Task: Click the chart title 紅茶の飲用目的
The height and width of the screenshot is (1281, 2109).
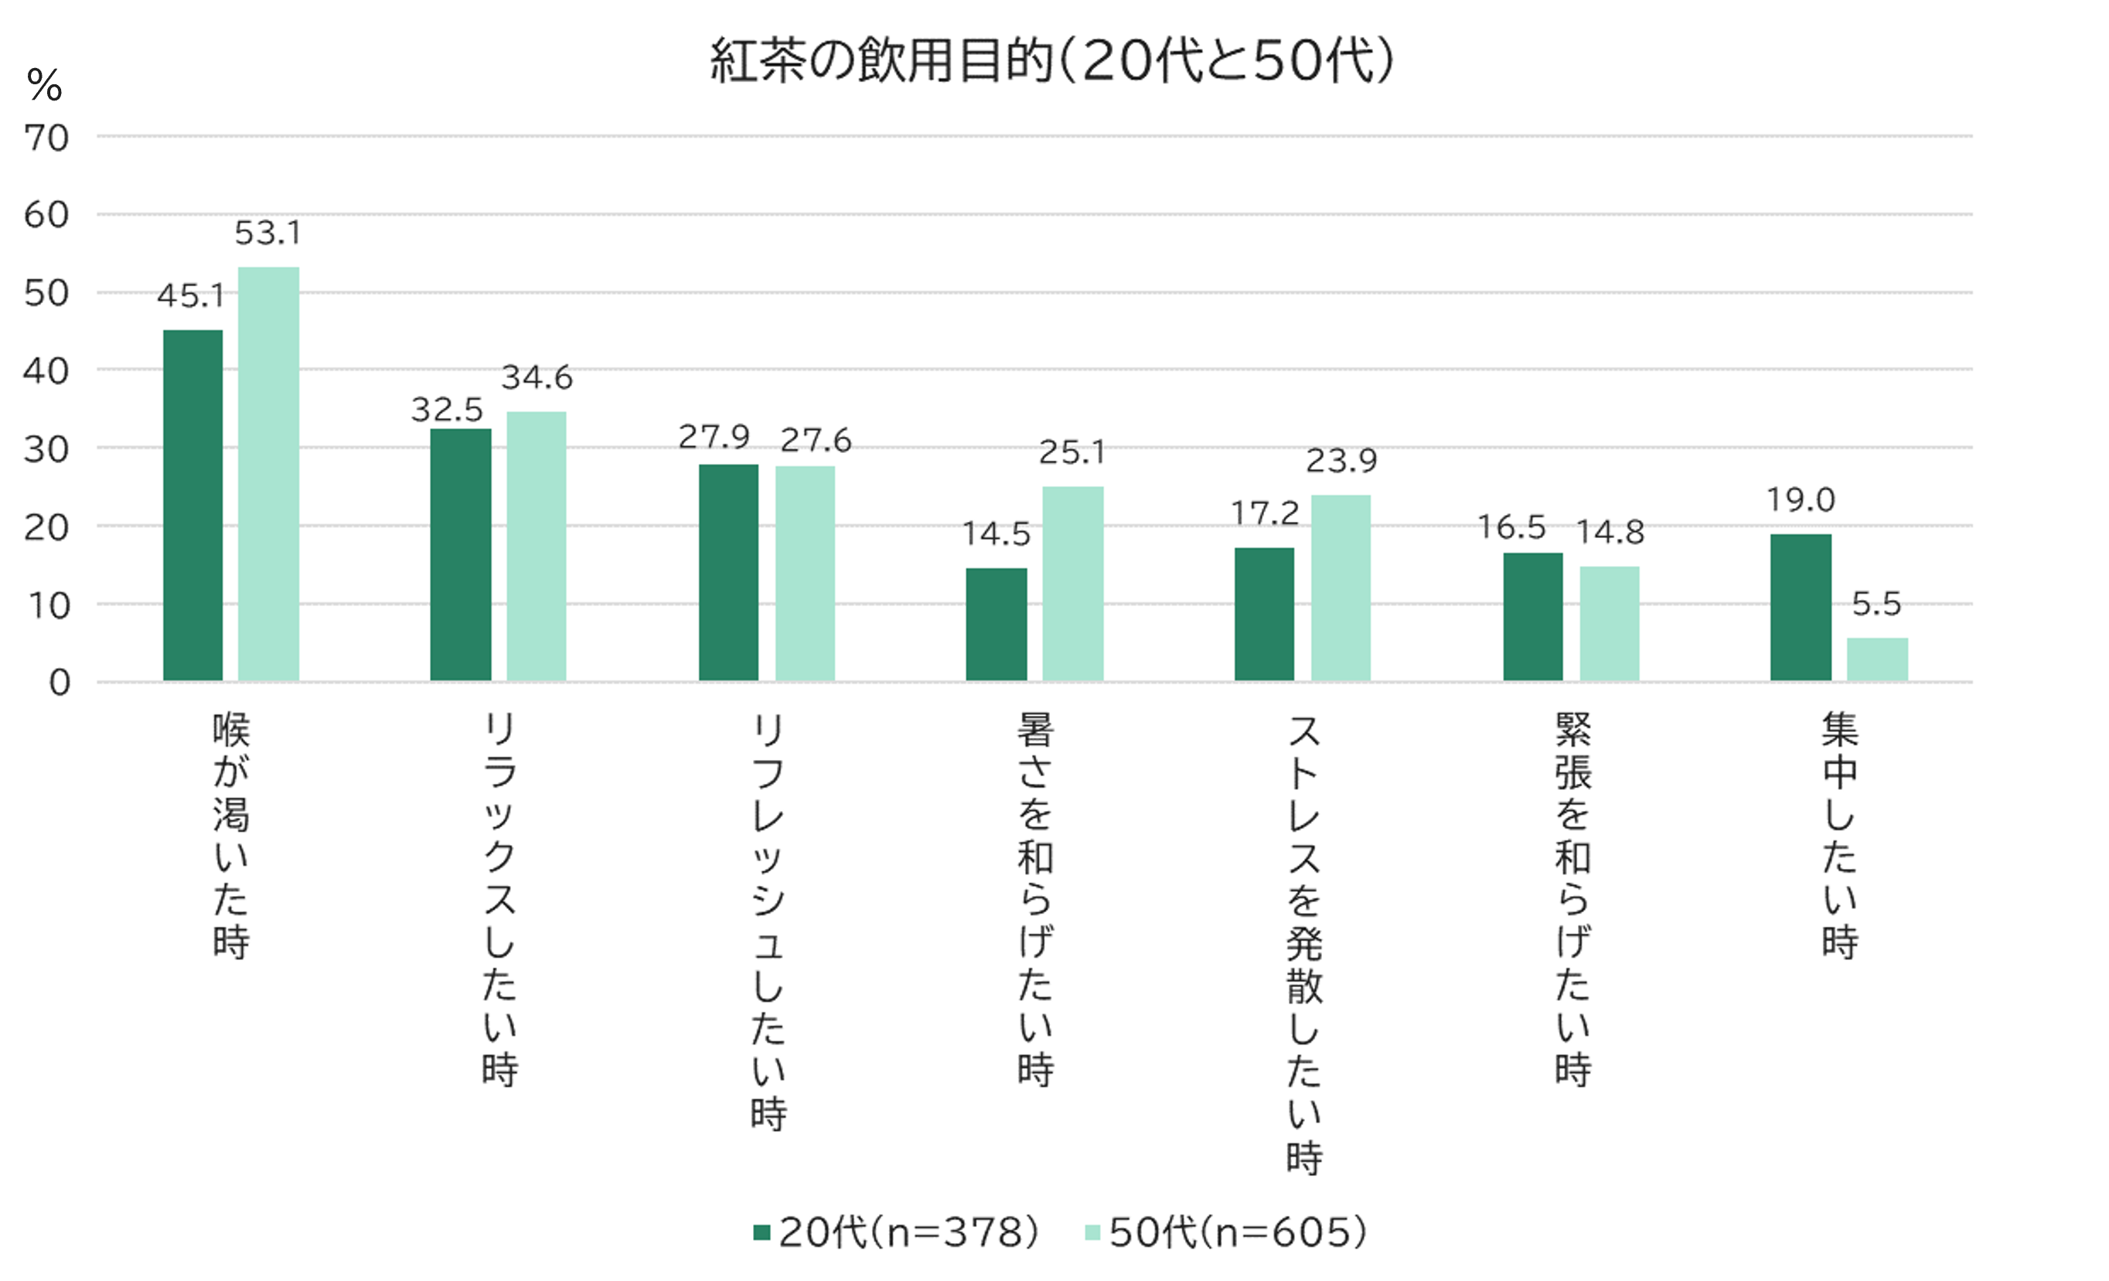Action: tap(1052, 61)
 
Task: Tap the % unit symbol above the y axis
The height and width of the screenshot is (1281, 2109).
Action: tap(45, 86)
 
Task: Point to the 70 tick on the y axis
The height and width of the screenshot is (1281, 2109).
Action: tap(46, 138)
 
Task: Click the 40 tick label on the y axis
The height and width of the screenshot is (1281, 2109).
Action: tap(46, 371)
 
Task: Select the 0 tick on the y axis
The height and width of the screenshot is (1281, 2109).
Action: tap(59, 683)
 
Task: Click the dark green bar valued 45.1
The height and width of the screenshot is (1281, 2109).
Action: tap(193, 505)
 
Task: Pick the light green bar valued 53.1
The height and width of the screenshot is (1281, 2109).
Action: tap(269, 475)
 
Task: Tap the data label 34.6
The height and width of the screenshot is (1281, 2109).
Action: tap(537, 377)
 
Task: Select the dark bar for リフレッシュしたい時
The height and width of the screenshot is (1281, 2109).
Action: tap(728, 573)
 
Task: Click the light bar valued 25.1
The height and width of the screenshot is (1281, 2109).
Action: tap(1072, 584)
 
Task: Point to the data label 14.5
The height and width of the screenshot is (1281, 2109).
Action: tap(996, 534)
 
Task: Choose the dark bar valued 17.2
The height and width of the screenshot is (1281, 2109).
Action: tap(1264, 614)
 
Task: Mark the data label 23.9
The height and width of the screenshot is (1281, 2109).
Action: tap(1341, 462)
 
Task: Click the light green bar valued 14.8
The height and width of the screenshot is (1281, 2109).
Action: tap(1609, 623)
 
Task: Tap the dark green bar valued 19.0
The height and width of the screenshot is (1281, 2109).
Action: tap(1801, 608)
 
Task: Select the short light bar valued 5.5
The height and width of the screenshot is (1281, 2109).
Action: tap(1877, 659)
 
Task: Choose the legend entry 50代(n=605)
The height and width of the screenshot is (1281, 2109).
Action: tap(1225, 1232)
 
